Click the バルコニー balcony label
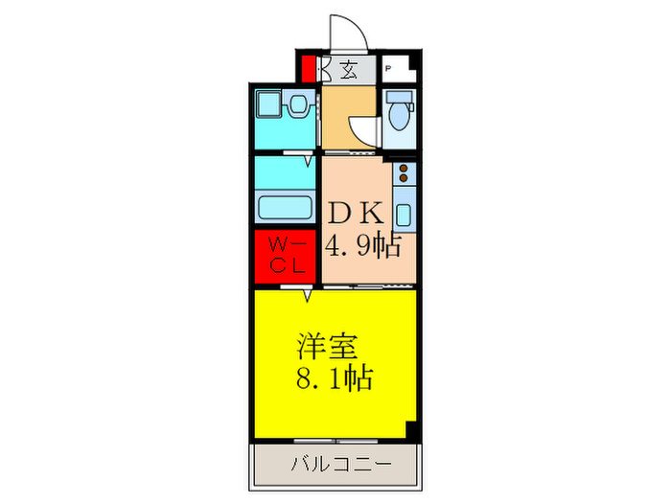click(336, 466)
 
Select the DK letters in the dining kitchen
click(359, 213)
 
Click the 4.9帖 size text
click(361, 246)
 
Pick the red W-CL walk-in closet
click(287, 257)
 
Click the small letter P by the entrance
click(388, 69)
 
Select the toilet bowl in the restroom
click(398, 113)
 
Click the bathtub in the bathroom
click(287, 206)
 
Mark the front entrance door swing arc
click(347, 33)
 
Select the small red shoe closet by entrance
click(308, 70)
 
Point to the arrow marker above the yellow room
click(308, 295)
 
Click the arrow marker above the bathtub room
click(308, 161)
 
